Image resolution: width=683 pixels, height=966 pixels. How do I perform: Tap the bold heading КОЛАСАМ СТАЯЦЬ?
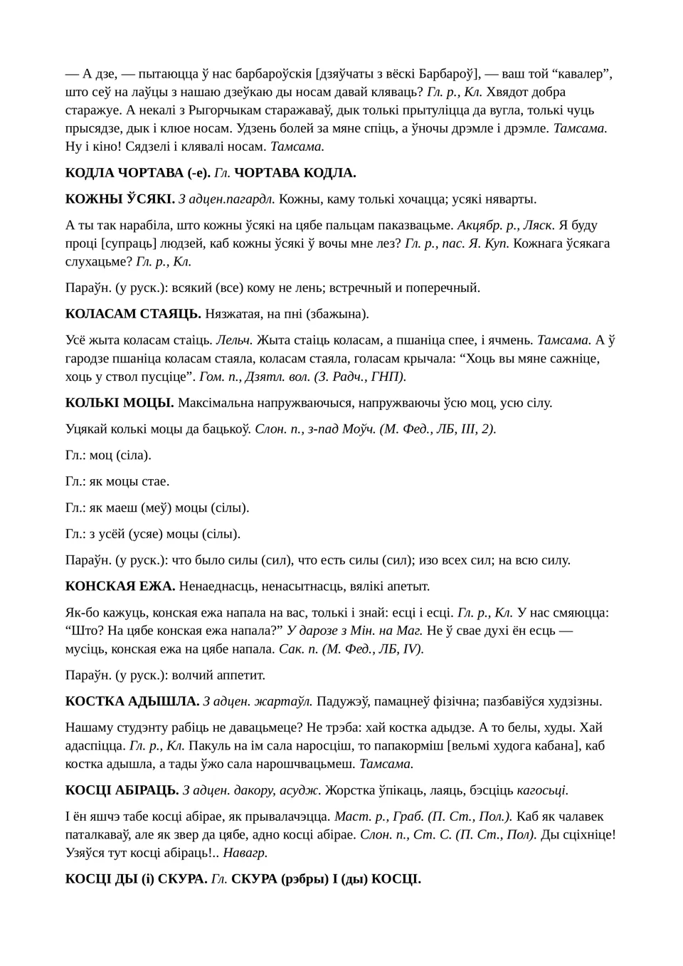(x=133, y=314)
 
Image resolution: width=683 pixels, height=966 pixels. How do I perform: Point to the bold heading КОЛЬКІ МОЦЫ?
(x=120, y=403)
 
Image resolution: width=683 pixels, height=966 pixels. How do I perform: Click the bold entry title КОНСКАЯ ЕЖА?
(x=120, y=587)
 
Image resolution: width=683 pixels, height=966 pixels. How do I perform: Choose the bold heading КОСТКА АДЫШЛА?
(x=132, y=701)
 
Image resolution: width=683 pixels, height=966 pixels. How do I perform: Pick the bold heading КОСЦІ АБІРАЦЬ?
(x=122, y=790)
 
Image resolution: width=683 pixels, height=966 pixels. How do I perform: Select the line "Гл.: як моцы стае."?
(x=117, y=482)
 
